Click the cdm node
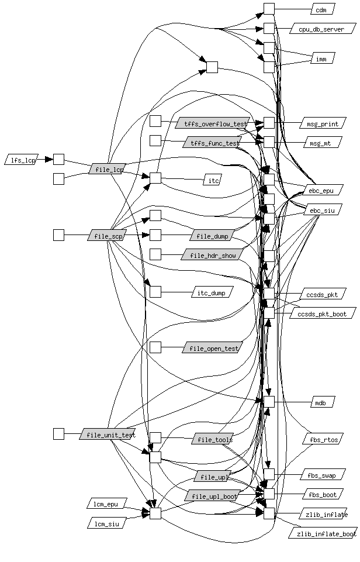click(321, 9)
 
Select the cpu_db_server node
click(322, 29)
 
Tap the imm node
click(321, 58)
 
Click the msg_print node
click(322, 123)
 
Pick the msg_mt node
click(322, 142)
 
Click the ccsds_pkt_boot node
click(322, 313)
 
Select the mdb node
click(321, 402)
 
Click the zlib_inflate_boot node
click(323, 533)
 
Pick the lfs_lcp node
click(21, 159)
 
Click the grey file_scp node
click(108, 235)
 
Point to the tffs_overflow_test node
click(212, 123)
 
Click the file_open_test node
click(212, 348)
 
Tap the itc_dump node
click(212, 292)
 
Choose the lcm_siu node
click(106, 523)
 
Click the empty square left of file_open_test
click(155, 347)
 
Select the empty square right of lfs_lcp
click(58, 159)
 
